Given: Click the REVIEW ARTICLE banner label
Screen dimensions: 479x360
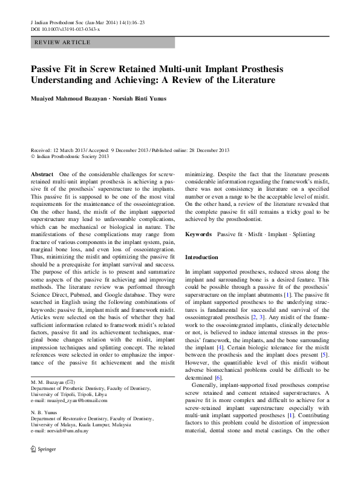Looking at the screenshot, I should point(62,42).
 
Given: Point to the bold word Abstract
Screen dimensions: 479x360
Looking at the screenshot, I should point(41,174).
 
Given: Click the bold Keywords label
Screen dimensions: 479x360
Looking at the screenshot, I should point(198,234).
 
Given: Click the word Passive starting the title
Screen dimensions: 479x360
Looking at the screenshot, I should point(48,68).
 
